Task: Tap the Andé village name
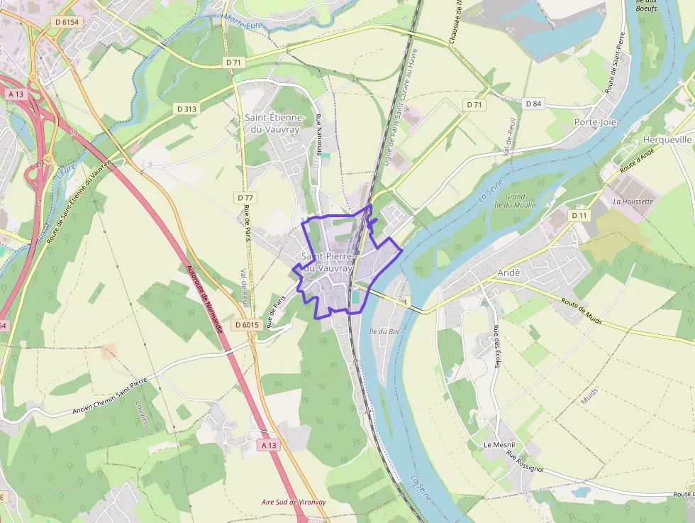click(509, 272)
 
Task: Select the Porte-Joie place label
click(595, 122)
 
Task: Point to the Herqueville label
click(667, 140)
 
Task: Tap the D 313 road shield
click(187, 109)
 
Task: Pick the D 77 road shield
click(245, 197)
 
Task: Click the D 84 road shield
click(533, 104)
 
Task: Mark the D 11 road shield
click(579, 214)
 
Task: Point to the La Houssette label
click(633, 202)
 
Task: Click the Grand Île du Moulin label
click(515, 200)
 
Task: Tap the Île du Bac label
click(382, 331)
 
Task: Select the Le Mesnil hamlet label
click(499, 444)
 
